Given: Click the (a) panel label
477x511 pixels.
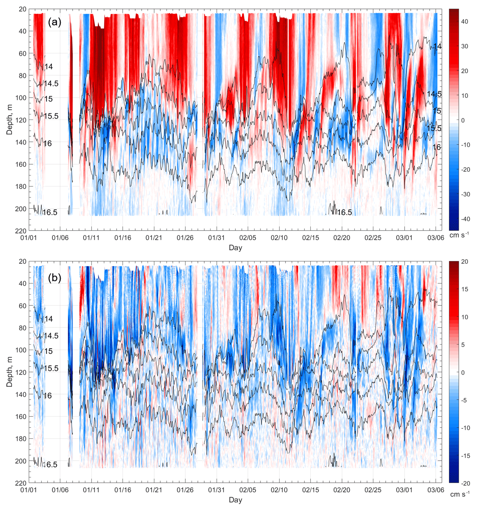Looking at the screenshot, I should [54, 22].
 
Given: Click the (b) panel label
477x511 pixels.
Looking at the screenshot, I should [54, 278].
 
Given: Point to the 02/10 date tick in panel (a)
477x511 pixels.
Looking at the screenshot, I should [279, 238].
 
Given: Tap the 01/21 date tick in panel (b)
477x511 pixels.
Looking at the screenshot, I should [154, 490].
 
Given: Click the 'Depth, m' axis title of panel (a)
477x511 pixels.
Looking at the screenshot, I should [9, 120].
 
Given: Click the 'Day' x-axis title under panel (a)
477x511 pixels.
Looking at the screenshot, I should [236, 248].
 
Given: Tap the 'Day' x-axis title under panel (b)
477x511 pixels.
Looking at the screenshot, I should [236, 500].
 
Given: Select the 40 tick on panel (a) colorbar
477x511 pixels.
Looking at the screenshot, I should [464, 22].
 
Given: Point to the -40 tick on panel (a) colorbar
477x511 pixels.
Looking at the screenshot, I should [465, 219].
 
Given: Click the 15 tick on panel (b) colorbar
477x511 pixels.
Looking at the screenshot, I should [464, 289].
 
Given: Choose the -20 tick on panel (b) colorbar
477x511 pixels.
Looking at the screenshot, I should [465, 483].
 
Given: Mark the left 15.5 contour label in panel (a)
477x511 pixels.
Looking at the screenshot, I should [51, 116].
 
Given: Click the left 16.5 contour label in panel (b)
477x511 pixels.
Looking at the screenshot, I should [50, 465].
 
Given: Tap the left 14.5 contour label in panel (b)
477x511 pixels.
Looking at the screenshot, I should [51, 336].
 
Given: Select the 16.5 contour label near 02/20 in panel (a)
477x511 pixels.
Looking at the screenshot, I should [345, 212].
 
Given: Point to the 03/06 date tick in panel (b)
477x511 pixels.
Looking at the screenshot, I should [436, 490].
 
